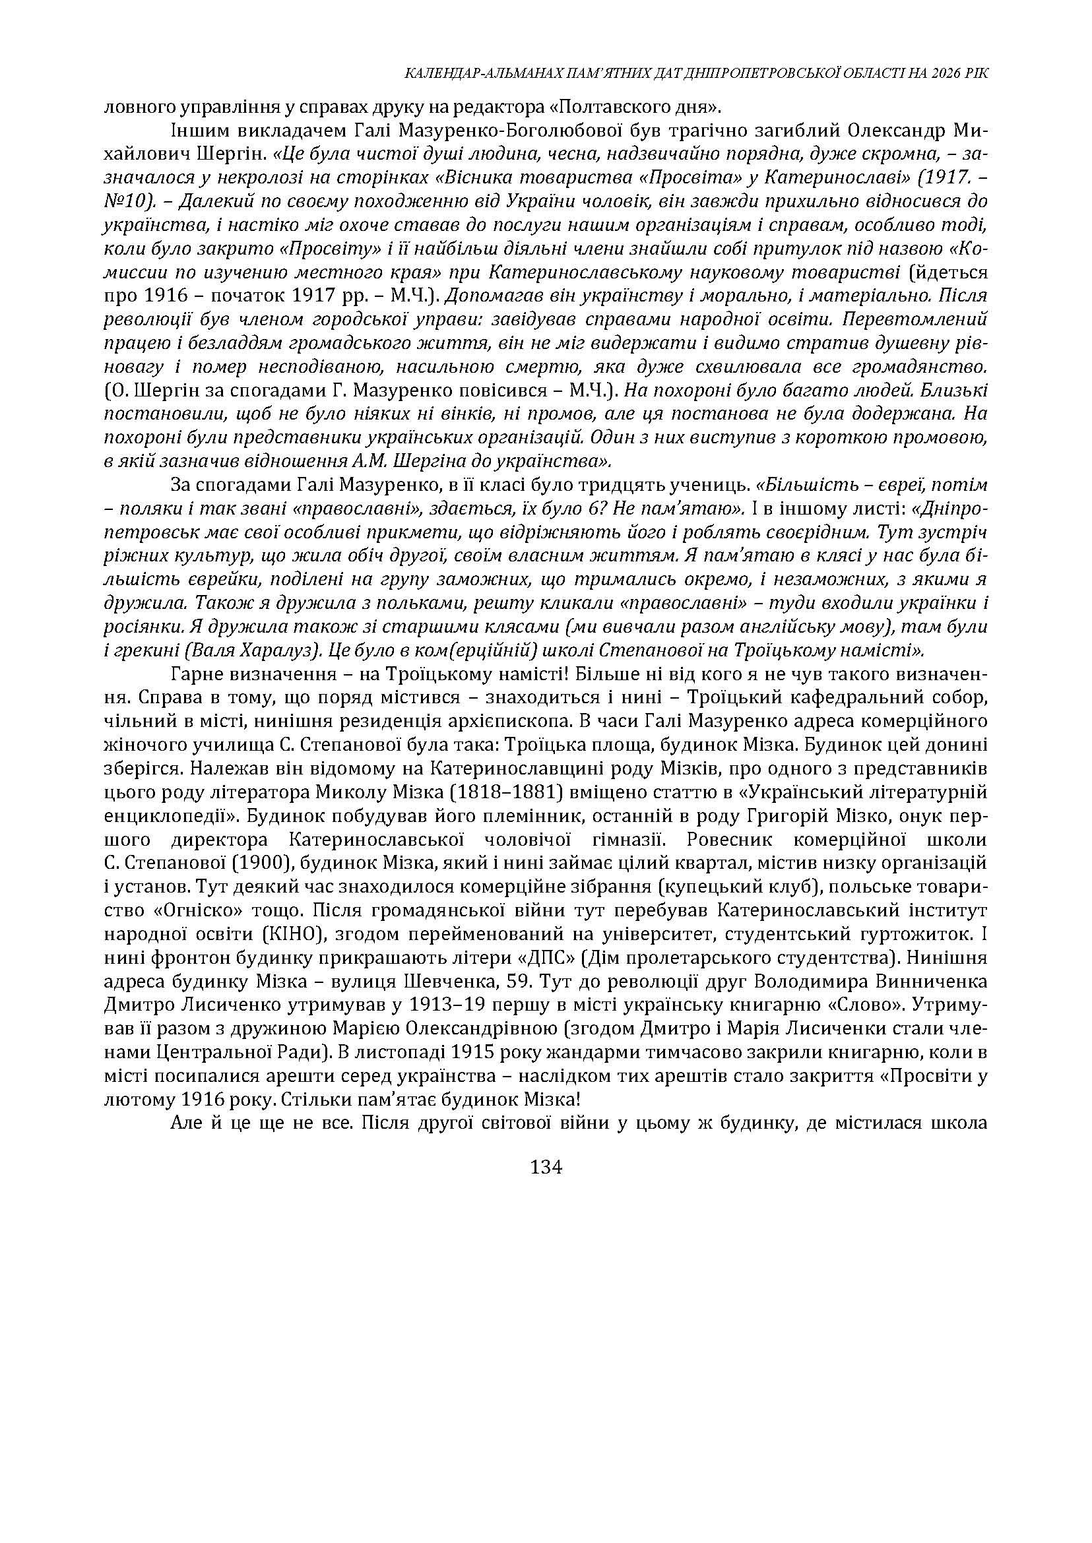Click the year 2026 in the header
tap(945, 74)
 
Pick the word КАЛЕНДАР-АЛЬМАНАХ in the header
tap(478, 74)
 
